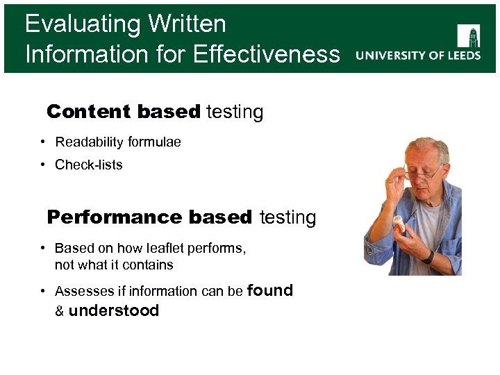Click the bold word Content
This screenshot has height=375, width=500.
tap(88, 112)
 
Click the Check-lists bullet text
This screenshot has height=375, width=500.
tap(88, 165)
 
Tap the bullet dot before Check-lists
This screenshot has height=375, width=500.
tap(43, 165)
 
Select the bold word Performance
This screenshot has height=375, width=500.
tap(115, 217)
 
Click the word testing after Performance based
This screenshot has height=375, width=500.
tap(287, 217)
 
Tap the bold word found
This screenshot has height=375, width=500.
tap(269, 290)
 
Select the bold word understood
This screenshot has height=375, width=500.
tap(114, 311)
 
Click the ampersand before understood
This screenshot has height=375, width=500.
tap(60, 312)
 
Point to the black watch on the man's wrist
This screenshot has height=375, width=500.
tap(428, 256)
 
